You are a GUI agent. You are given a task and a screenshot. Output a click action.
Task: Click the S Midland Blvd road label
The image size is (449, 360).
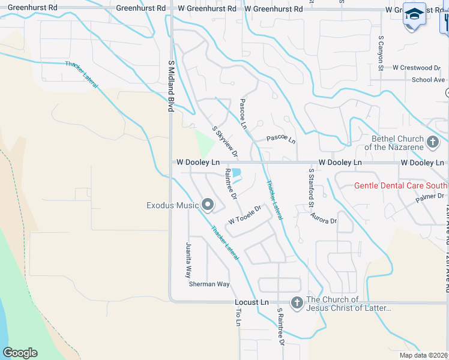(x=170, y=86)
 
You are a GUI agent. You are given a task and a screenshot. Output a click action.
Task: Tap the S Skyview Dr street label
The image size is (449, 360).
(x=225, y=142)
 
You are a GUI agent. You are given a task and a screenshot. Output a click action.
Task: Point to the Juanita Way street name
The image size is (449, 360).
(x=188, y=263)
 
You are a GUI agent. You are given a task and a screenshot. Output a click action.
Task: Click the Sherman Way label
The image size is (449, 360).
(x=209, y=284)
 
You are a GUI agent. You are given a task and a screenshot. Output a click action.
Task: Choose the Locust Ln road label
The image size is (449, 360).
(x=251, y=303)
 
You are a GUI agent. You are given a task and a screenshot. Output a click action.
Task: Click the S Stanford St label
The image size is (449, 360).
(x=311, y=188)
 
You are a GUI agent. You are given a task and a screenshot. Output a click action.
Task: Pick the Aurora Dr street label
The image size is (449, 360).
(x=324, y=221)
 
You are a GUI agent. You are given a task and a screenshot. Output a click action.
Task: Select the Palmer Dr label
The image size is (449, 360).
(x=431, y=196)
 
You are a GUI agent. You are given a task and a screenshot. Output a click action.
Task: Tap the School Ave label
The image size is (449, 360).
(x=428, y=80)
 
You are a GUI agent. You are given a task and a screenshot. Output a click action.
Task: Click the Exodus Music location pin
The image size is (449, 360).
(x=208, y=205)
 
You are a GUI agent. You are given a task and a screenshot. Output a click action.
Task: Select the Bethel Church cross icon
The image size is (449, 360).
(x=433, y=143)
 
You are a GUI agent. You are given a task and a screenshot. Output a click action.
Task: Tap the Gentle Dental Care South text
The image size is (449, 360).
(x=401, y=185)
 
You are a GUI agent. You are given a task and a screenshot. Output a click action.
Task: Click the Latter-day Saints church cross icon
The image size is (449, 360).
(x=297, y=304)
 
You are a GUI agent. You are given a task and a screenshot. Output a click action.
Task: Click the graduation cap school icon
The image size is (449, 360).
(x=414, y=14)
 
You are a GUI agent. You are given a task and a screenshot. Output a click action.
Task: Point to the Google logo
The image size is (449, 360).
(x=20, y=352)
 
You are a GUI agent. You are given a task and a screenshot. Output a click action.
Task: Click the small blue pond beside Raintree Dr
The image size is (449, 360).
(x=237, y=173)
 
